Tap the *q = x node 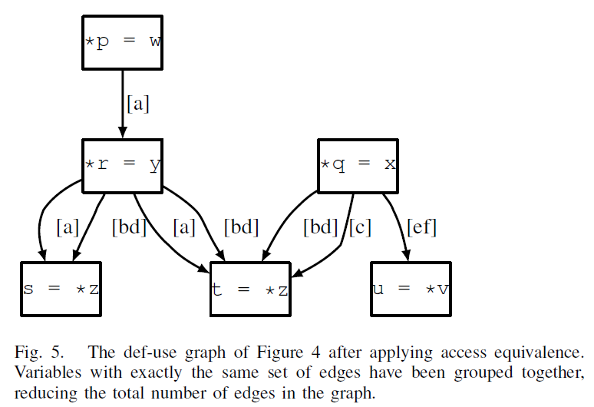pos(358,165)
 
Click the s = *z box pos(61,290)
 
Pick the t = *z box pos(250,290)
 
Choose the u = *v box pos(411,290)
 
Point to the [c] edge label pos(361,227)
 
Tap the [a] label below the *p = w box pos(138,104)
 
